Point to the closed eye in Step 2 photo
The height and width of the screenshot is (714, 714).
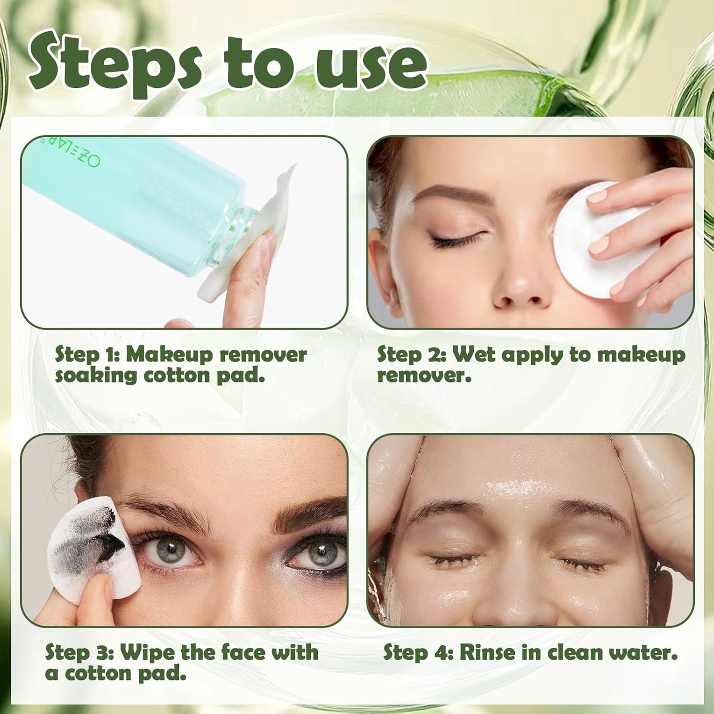[457, 241]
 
